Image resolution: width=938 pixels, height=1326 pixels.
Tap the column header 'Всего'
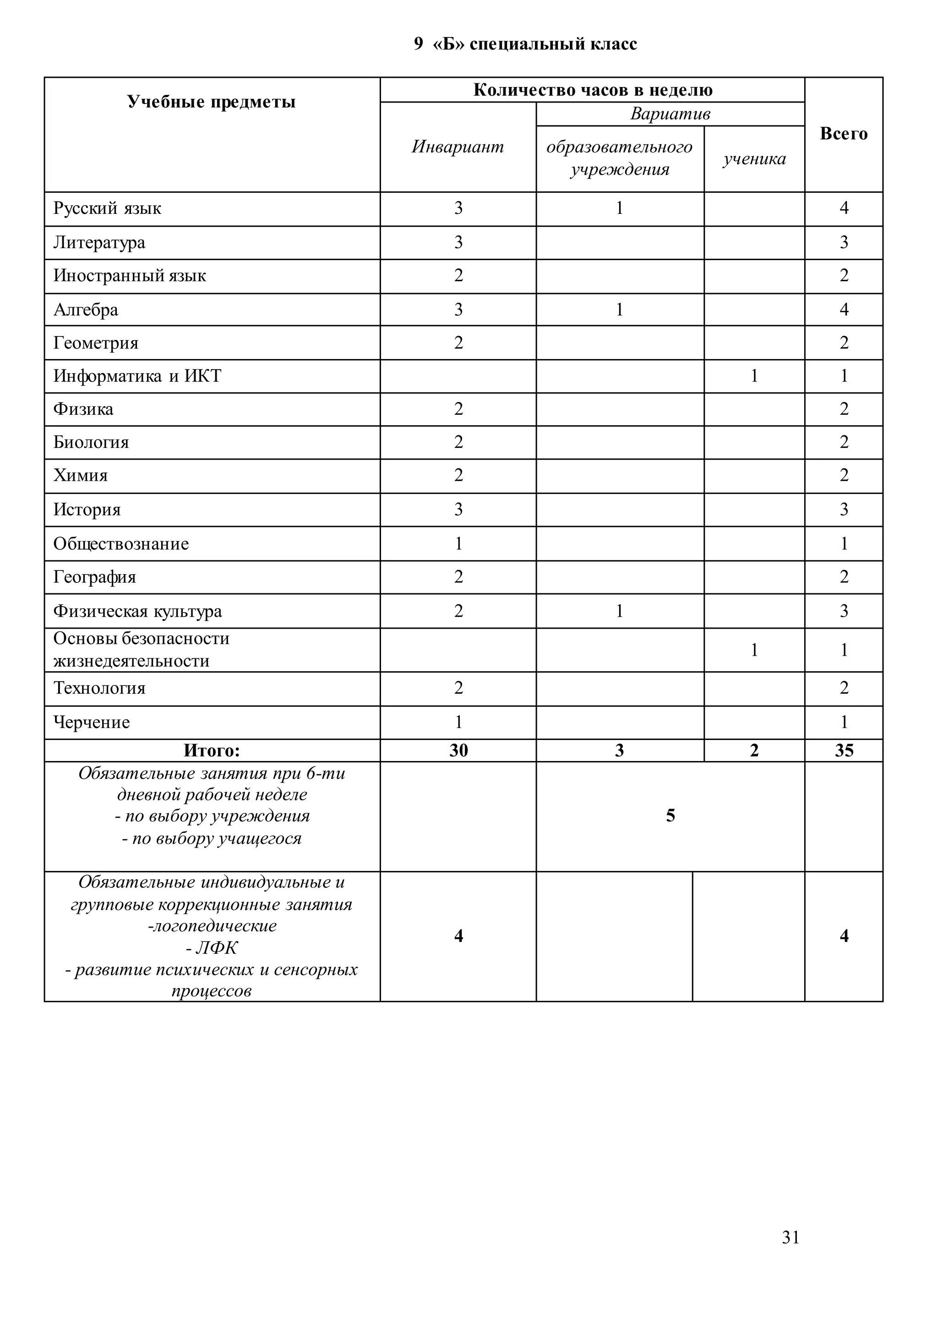click(x=843, y=134)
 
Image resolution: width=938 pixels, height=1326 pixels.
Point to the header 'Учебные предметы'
click(x=212, y=102)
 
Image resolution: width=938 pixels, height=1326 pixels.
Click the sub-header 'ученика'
click(x=754, y=159)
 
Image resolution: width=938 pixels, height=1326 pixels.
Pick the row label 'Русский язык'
click(x=108, y=208)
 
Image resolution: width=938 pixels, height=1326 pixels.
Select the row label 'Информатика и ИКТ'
click(x=137, y=376)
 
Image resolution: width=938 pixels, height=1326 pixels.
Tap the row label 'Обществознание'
click(x=121, y=544)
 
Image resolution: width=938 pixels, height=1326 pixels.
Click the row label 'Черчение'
click(x=92, y=723)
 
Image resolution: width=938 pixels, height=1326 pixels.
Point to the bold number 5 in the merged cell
click(x=670, y=816)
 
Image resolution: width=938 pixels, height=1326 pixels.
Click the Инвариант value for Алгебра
click(x=458, y=310)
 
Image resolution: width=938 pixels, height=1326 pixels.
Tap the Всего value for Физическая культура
click(x=844, y=611)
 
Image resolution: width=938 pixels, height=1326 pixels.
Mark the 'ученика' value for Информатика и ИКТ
click(x=754, y=376)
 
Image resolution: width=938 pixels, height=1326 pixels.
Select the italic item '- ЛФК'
click(x=212, y=948)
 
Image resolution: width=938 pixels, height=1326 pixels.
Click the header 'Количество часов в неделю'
click(x=593, y=90)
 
